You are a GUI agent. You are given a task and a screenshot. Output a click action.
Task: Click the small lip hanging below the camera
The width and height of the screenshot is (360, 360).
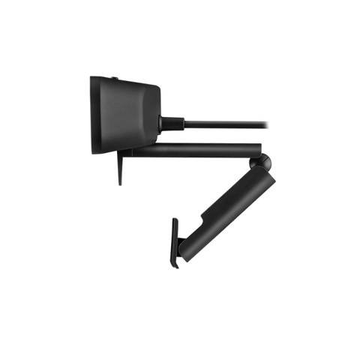tap(119, 169)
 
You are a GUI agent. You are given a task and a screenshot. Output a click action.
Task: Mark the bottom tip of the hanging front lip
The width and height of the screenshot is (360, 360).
tap(119, 184)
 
